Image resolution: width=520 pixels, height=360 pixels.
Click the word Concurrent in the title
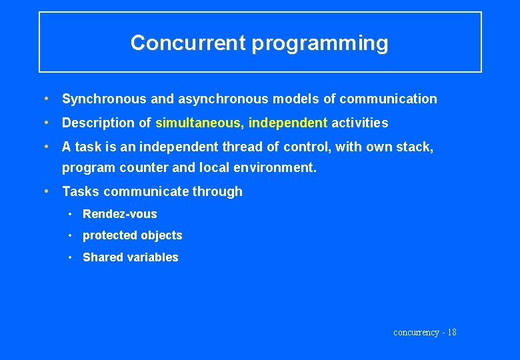click(188, 43)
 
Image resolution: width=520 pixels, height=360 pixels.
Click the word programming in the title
click(319, 44)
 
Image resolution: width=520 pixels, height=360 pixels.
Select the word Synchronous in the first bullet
click(104, 99)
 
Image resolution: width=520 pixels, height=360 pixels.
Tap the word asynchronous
click(222, 99)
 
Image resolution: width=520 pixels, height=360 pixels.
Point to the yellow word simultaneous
click(199, 123)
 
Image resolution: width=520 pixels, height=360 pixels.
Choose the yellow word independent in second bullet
click(288, 123)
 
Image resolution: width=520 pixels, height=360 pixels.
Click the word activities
click(359, 123)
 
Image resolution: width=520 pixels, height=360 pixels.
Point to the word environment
click(274, 167)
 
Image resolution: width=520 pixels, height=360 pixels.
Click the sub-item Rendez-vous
click(120, 214)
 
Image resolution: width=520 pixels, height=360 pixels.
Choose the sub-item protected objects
click(132, 235)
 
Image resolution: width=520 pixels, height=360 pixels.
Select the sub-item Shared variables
click(131, 257)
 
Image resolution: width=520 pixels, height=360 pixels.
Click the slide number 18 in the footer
click(451, 332)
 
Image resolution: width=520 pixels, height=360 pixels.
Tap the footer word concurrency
click(416, 332)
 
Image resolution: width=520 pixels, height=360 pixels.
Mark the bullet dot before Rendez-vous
click(70, 214)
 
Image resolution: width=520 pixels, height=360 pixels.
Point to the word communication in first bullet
click(388, 99)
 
